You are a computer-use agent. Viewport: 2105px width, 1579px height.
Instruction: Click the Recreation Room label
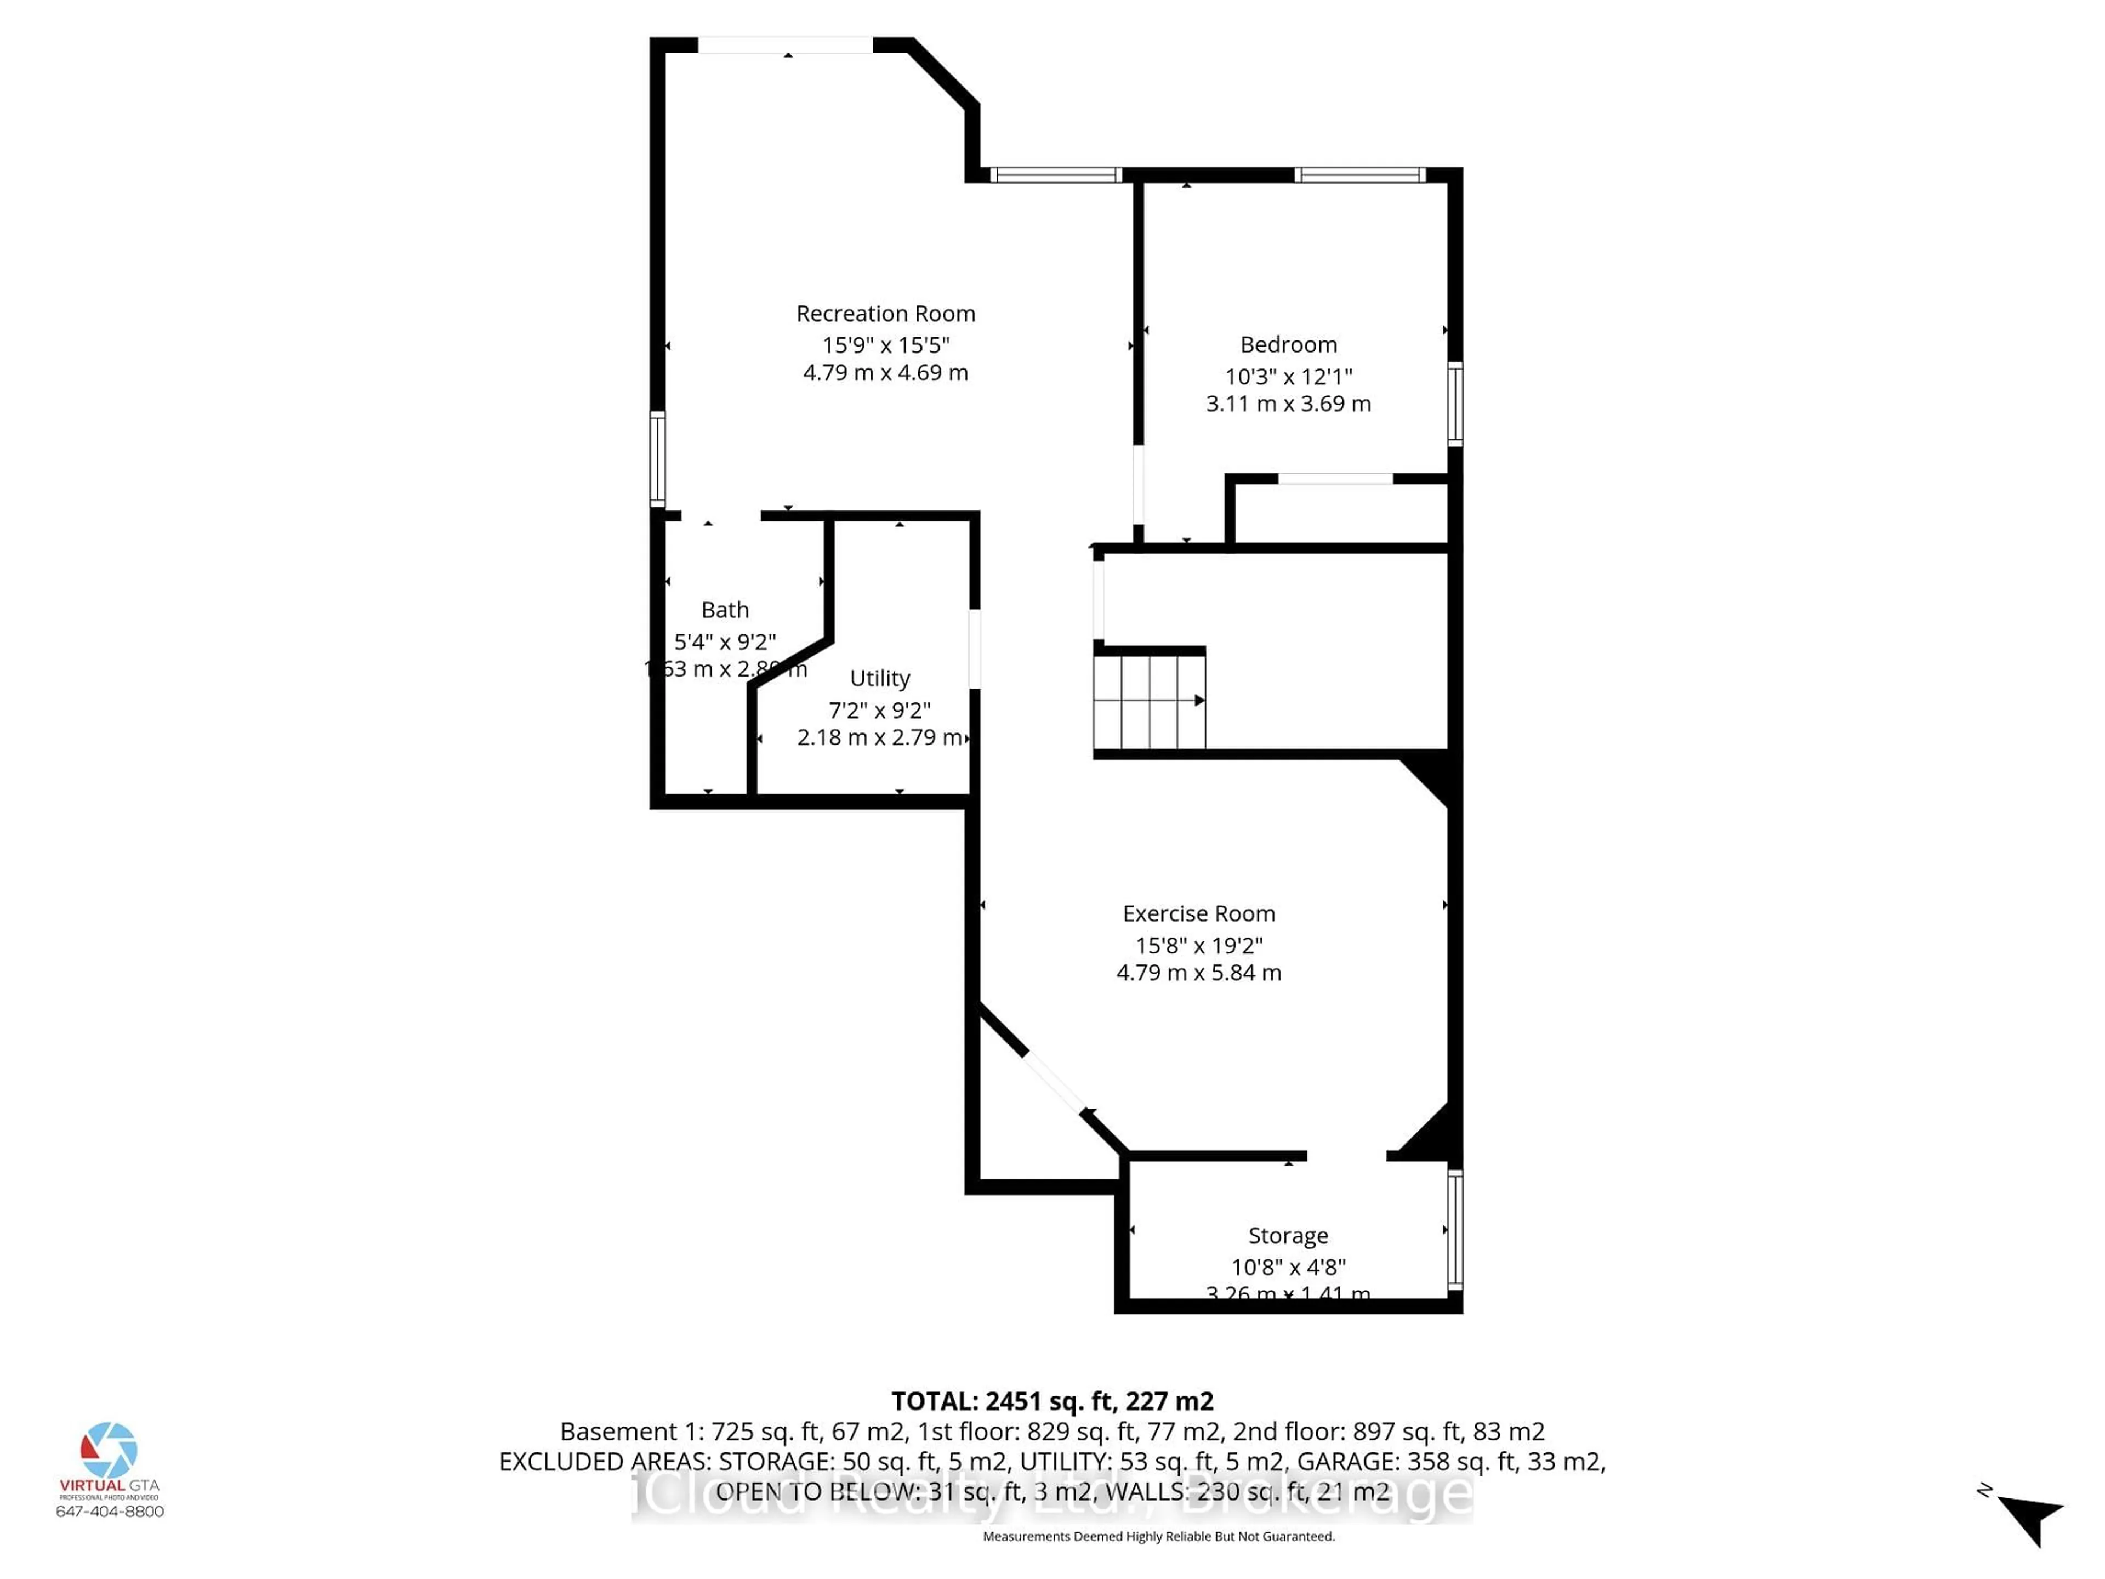point(885,313)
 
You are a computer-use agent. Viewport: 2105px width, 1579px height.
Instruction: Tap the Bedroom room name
point(1288,344)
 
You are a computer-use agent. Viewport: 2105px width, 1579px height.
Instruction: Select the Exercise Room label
point(1198,914)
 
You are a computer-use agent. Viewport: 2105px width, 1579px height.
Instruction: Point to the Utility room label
point(879,678)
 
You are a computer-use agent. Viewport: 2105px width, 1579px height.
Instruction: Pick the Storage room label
point(1288,1235)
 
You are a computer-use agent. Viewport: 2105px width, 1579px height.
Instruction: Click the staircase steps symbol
point(1148,701)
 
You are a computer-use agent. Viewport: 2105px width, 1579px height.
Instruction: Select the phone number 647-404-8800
point(110,1512)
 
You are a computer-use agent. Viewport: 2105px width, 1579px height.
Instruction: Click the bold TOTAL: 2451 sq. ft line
point(1051,1401)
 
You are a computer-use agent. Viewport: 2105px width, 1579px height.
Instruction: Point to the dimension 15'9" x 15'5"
point(885,344)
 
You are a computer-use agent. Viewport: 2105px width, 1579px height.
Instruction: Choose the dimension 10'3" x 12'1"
point(1288,376)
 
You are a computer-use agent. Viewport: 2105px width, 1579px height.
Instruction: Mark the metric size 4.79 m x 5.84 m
point(1198,973)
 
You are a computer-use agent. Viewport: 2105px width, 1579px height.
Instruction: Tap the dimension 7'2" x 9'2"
point(879,710)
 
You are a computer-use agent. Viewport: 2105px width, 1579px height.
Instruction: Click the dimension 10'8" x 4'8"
point(1288,1267)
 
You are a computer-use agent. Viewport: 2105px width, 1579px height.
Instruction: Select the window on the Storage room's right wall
point(1455,1229)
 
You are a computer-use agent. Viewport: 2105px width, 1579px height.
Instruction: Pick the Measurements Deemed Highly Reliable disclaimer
point(1158,1536)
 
